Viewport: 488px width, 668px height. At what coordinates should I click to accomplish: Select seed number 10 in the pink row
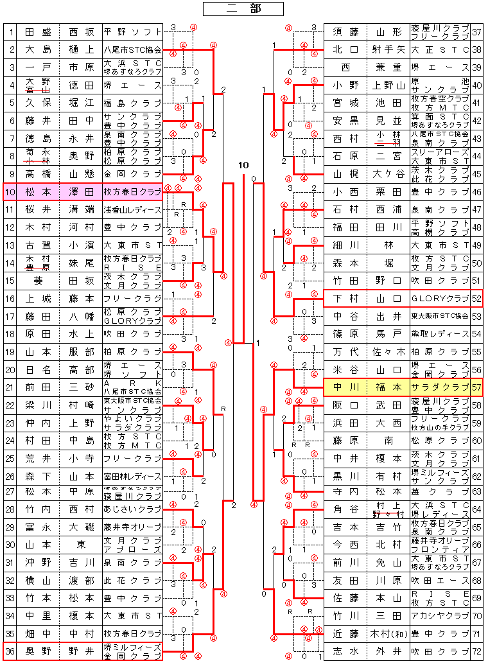tap(10, 191)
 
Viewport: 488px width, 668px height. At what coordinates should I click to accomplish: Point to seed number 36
tap(10, 651)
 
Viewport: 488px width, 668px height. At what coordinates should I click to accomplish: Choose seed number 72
tap(477, 651)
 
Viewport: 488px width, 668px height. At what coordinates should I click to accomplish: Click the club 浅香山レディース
tap(132, 209)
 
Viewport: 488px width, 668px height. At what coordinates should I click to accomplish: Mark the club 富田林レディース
tap(132, 477)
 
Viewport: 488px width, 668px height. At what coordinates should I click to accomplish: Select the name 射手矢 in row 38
tap(388, 49)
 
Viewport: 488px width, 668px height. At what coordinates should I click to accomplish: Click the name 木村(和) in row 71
tap(388, 633)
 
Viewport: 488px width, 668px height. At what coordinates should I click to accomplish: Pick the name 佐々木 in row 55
tap(388, 352)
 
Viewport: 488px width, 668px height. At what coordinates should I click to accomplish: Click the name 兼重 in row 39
tap(388, 67)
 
